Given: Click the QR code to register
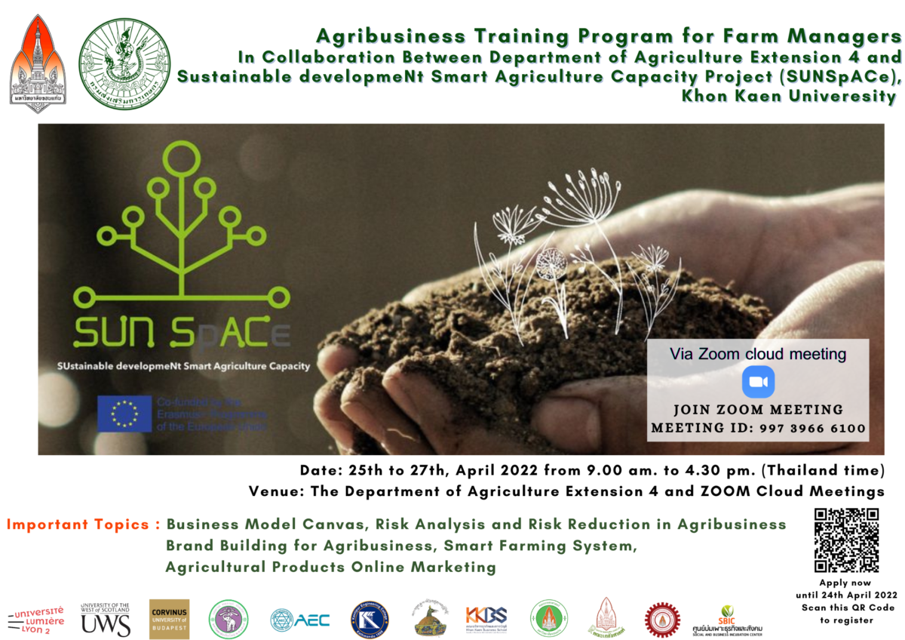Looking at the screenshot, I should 846,540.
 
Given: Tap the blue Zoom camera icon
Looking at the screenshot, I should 758,381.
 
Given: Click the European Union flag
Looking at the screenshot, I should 124,414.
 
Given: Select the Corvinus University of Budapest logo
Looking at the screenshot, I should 169,619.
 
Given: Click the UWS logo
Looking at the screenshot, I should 106,620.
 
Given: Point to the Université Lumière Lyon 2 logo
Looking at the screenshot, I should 36,620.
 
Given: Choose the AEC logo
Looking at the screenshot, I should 300,620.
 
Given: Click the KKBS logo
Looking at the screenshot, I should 486,617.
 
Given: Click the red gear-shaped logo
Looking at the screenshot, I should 662,620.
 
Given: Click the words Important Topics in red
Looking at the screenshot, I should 83,524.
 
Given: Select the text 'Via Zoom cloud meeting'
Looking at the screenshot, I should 758,353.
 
